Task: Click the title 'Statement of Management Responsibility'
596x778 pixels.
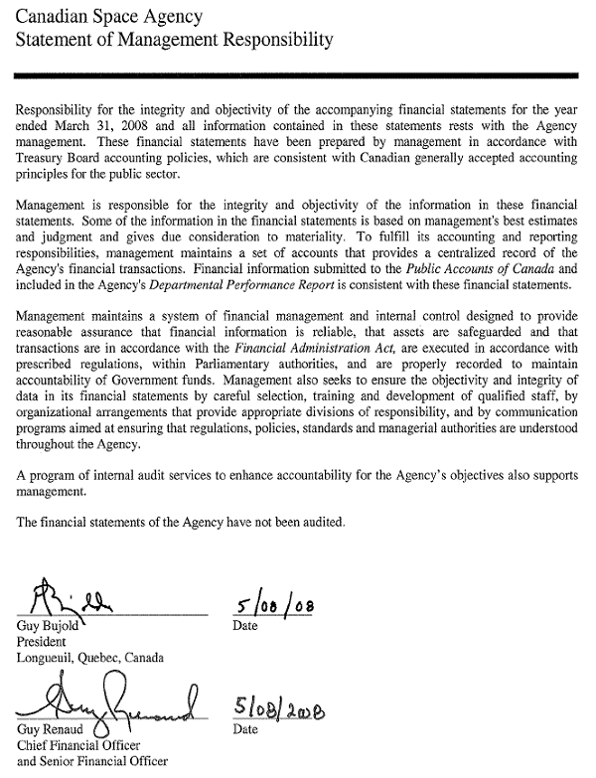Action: pyautogui.click(x=168, y=41)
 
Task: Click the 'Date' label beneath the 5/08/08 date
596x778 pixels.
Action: pyautogui.click(x=244, y=627)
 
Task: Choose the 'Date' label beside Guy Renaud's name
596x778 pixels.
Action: pyautogui.click(x=244, y=730)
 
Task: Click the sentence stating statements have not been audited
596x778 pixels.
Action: pyautogui.click(x=182, y=522)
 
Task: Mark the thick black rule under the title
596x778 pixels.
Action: pyautogui.click(x=297, y=76)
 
